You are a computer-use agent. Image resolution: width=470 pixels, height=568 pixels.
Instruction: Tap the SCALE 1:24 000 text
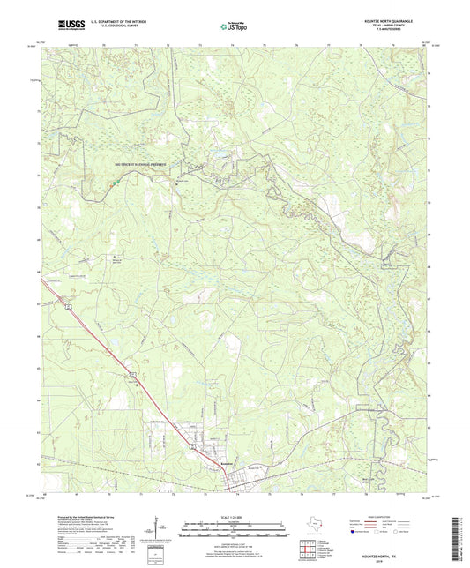(x=235, y=504)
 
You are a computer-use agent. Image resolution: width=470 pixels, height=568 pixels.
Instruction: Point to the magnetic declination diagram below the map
(x=160, y=530)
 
